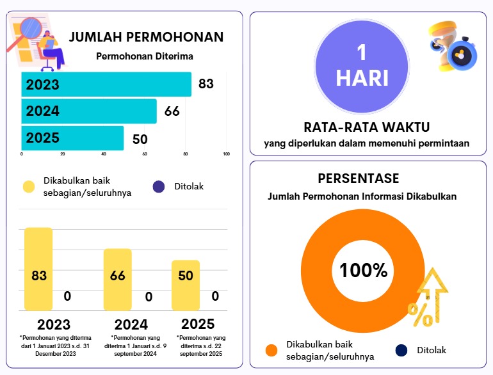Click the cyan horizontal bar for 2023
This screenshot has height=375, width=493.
(x=106, y=84)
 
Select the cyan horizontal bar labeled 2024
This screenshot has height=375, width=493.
(x=89, y=111)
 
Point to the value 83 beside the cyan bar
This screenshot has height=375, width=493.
(x=206, y=84)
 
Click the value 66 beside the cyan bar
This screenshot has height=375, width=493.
(x=172, y=111)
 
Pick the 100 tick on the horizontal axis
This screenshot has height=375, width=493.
(x=226, y=154)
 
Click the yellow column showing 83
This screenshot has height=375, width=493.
(x=38, y=269)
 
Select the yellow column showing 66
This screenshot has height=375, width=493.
(x=117, y=279)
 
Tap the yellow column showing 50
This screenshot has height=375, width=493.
(x=185, y=285)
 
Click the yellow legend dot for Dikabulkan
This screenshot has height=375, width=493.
(x=29, y=187)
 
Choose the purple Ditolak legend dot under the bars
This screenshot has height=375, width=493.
(x=159, y=187)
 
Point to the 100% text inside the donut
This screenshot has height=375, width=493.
(x=363, y=271)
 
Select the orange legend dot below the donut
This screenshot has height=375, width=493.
(x=271, y=350)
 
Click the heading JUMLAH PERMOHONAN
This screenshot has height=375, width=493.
(x=146, y=36)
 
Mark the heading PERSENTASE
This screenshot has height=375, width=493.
(x=358, y=178)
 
